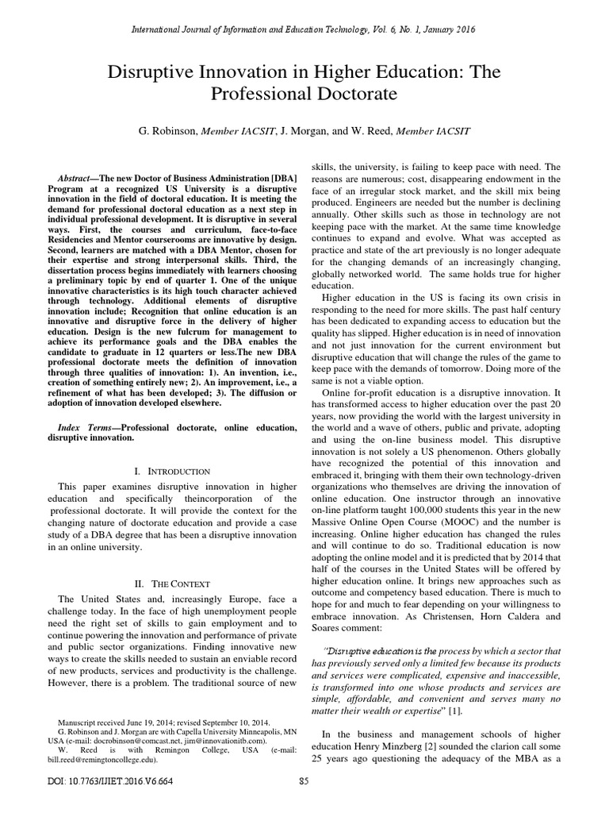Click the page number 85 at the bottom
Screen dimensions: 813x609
coord(304,781)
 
